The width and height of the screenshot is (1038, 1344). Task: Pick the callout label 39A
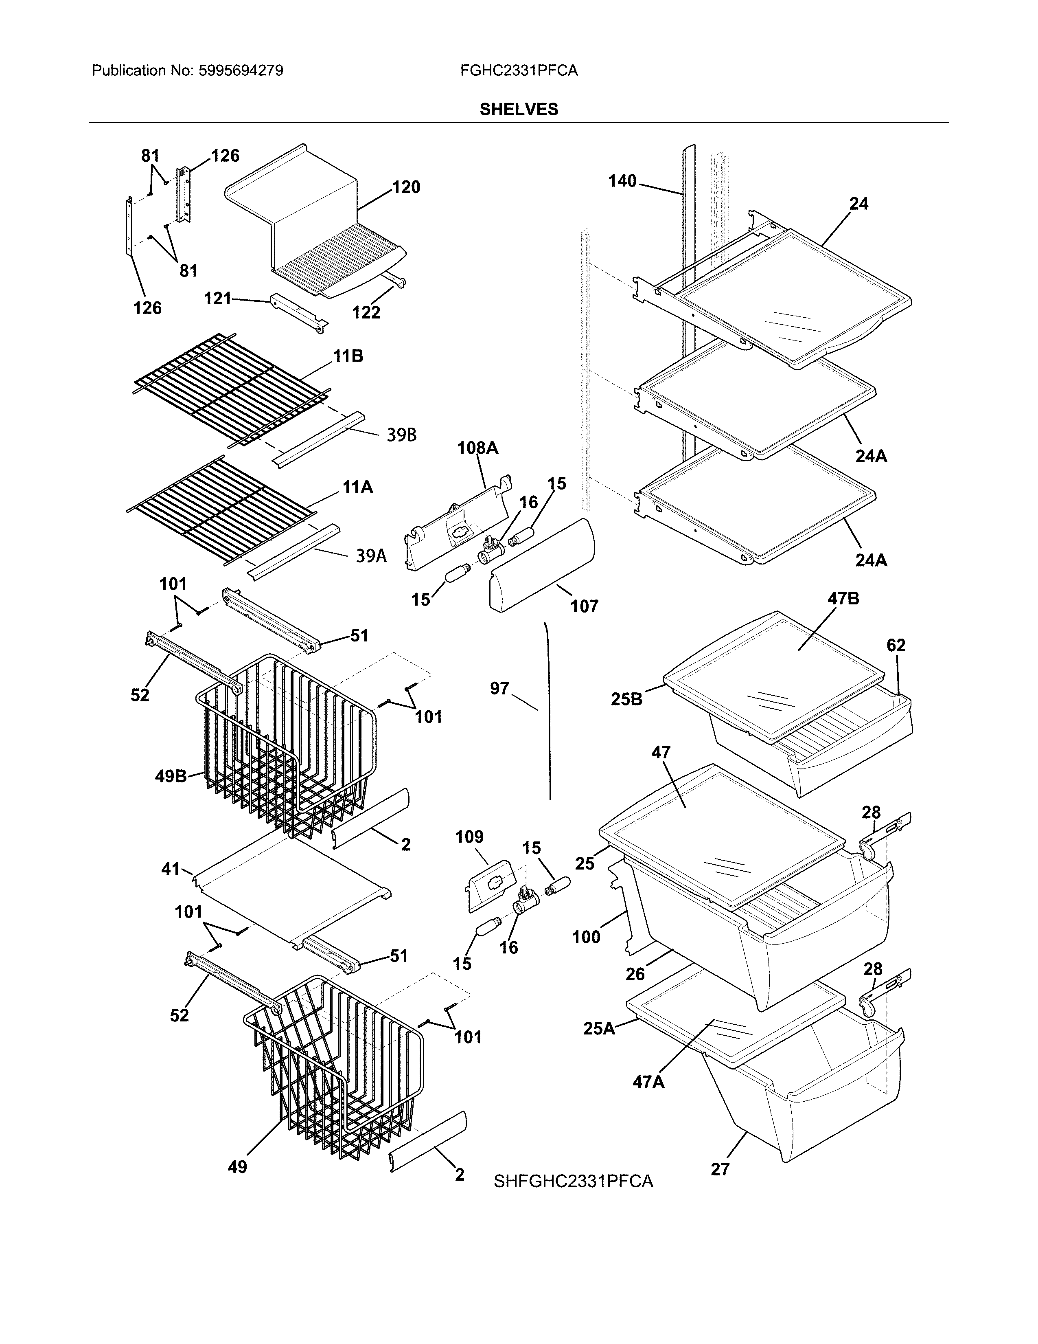(x=371, y=556)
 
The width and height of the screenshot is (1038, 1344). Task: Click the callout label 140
(x=622, y=181)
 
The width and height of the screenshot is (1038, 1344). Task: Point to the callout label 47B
(x=844, y=598)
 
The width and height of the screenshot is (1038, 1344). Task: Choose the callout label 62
(x=896, y=645)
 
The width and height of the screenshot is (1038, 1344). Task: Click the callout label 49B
(x=171, y=776)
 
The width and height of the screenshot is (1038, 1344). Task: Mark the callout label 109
(x=469, y=837)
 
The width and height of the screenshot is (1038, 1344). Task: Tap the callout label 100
(x=586, y=937)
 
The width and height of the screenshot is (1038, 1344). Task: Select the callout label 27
(x=719, y=1169)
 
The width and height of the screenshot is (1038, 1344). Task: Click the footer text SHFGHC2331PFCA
(x=573, y=1181)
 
